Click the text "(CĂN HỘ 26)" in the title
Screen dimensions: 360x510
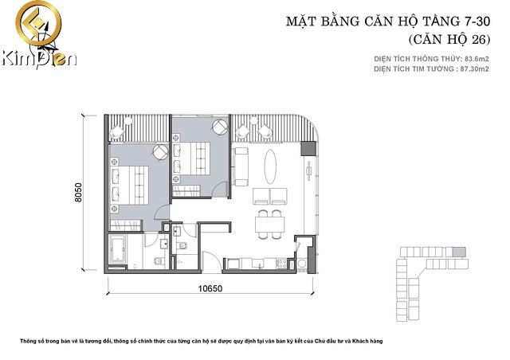[x=448, y=39]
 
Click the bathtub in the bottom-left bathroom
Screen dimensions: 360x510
[x=120, y=249]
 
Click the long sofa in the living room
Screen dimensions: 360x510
[x=245, y=163]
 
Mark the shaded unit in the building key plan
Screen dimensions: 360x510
[x=457, y=252]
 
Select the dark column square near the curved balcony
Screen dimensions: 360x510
[x=304, y=147]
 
